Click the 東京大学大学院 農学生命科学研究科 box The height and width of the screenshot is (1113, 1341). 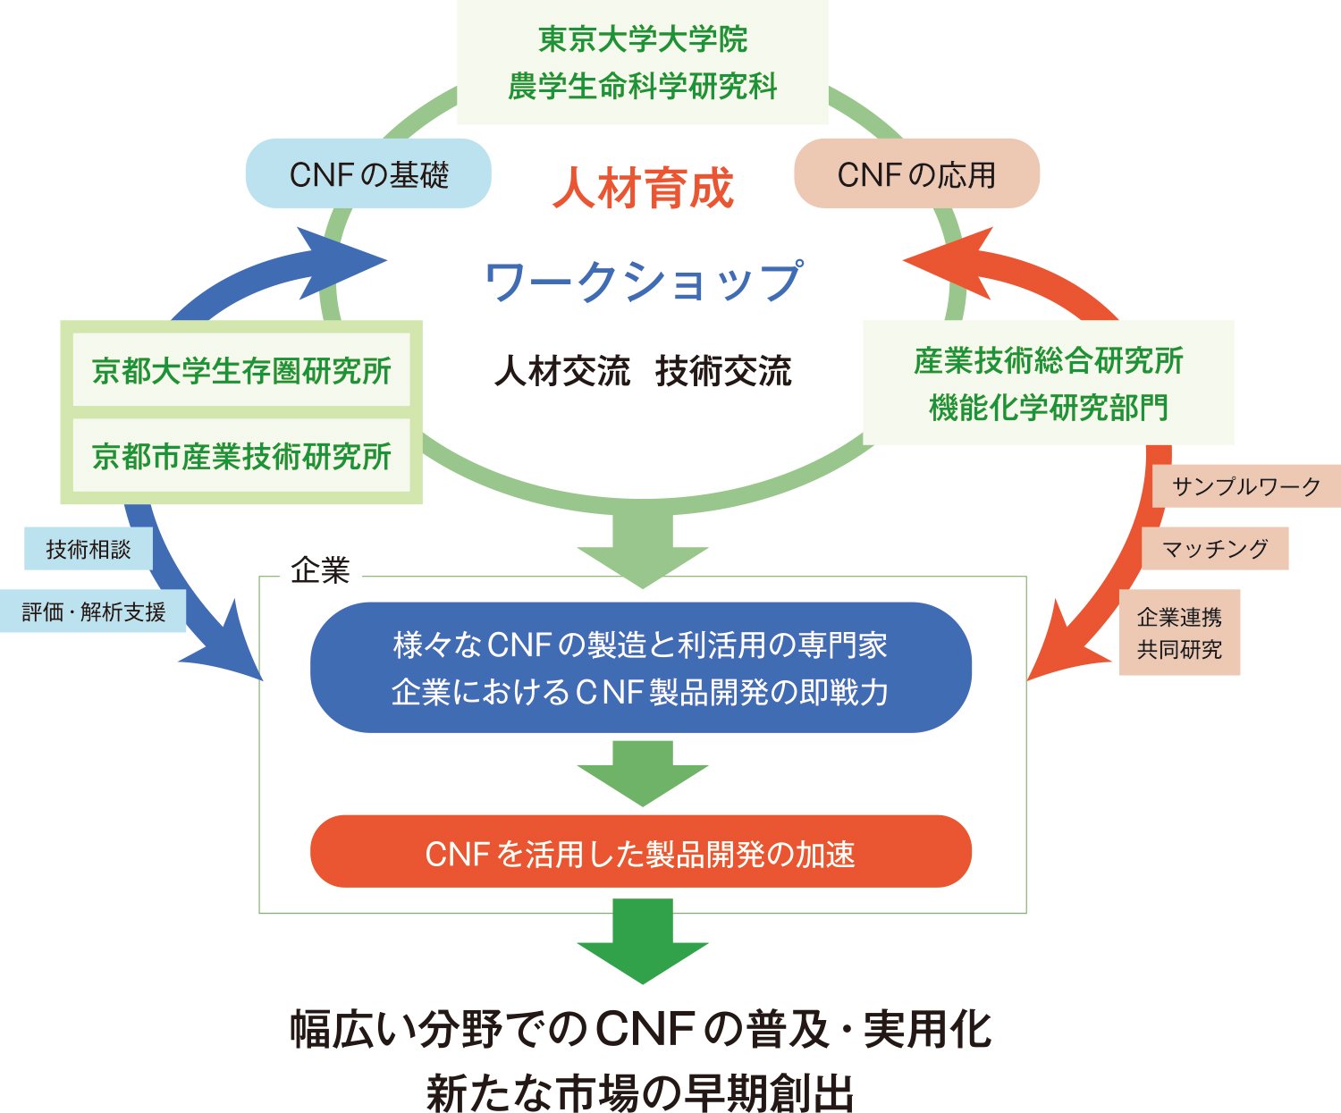(x=642, y=63)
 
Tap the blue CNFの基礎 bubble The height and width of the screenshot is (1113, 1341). (x=368, y=174)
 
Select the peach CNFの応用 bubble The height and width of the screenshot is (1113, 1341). (x=916, y=174)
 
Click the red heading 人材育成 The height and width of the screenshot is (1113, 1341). (x=643, y=189)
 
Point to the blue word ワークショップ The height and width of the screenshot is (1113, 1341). (x=643, y=281)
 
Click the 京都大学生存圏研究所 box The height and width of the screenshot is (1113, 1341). (x=241, y=370)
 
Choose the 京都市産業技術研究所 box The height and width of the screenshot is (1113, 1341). (x=241, y=456)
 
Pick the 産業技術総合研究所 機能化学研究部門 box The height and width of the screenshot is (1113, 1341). (x=1048, y=384)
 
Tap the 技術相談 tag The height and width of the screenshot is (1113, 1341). (x=88, y=549)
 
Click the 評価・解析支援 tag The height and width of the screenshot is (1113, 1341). (x=93, y=611)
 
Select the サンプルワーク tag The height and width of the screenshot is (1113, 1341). (x=1245, y=486)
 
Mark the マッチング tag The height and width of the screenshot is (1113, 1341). (x=1214, y=548)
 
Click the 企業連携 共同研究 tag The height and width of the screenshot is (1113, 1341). (x=1179, y=632)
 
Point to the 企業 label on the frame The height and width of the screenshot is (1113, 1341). (x=319, y=570)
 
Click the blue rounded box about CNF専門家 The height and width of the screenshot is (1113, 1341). (x=640, y=668)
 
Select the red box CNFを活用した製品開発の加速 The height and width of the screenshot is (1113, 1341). (x=640, y=852)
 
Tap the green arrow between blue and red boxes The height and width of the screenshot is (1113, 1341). (x=642, y=772)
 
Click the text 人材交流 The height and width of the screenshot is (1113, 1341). (x=562, y=370)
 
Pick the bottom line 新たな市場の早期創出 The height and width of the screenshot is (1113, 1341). (x=640, y=1091)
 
